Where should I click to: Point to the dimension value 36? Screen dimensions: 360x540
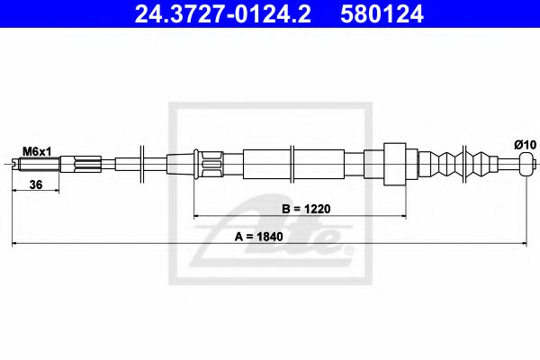pyautogui.click(x=35, y=184)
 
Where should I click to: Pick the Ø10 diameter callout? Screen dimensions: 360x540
pyautogui.click(x=523, y=144)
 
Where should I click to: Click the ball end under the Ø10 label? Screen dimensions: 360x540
pyautogui.click(x=524, y=164)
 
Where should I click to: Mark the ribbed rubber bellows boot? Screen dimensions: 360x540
pyautogui.click(x=466, y=164)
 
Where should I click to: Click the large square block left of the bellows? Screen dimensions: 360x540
pyautogui.click(x=396, y=164)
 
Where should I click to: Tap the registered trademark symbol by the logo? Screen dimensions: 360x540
pyautogui.click(x=349, y=247)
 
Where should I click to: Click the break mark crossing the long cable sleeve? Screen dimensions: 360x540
pyautogui.click(x=294, y=164)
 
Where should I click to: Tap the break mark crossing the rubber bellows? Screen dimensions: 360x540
pyautogui.click(x=463, y=164)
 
